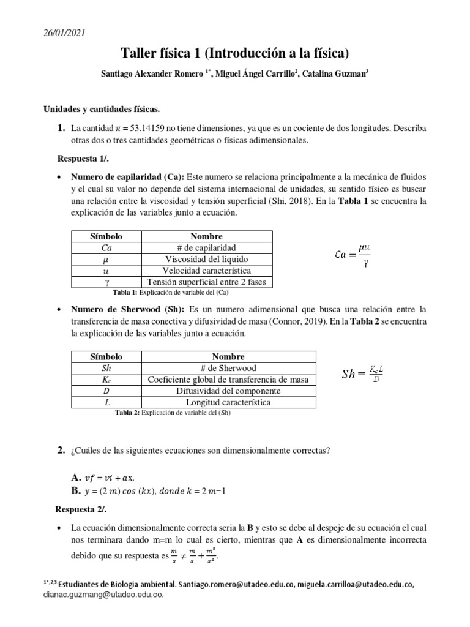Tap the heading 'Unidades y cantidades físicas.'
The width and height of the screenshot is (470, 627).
[x=101, y=110]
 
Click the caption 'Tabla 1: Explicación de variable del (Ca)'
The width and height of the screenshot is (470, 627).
[x=176, y=293]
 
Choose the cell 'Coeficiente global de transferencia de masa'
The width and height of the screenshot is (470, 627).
[x=228, y=380]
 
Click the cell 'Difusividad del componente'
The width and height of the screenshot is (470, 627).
[x=228, y=391]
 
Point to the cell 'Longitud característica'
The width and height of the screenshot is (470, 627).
[x=228, y=403]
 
